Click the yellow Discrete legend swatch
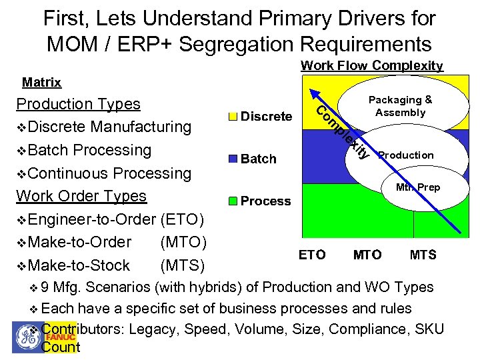click(x=233, y=117)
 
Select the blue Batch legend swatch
click(x=233, y=159)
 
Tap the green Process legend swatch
click(x=233, y=201)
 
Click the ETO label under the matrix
click(x=312, y=255)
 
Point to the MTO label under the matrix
click(x=367, y=255)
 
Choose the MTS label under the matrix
click(x=423, y=255)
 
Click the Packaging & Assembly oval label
click(x=400, y=106)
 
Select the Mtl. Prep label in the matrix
click(x=418, y=187)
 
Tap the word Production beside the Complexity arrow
click(x=406, y=155)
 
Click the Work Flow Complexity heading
click(x=372, y=65)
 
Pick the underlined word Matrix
click(x=41, y=83)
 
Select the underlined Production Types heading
click(x=78, y=104)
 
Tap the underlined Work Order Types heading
click(x=81, y=196)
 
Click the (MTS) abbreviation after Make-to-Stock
click(x=182, y=265)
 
